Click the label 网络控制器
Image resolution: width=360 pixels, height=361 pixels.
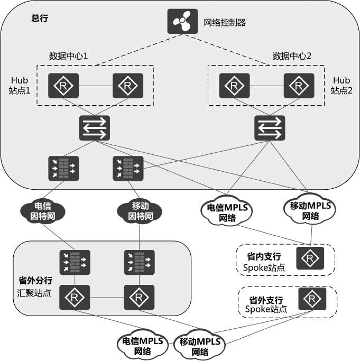225,23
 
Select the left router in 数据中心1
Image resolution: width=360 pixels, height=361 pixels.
63,85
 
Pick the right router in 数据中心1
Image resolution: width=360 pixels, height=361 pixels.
127,85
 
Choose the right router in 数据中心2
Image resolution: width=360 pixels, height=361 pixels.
298,85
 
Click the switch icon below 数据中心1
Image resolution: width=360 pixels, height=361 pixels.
95,127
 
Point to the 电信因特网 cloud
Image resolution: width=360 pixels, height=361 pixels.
42,211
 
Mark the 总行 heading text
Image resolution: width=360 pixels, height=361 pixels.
40,18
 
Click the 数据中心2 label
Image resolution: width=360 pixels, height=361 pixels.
292,55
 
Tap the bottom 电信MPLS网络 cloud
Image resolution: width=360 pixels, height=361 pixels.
142,345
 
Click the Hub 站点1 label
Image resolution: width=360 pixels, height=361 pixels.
21,85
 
